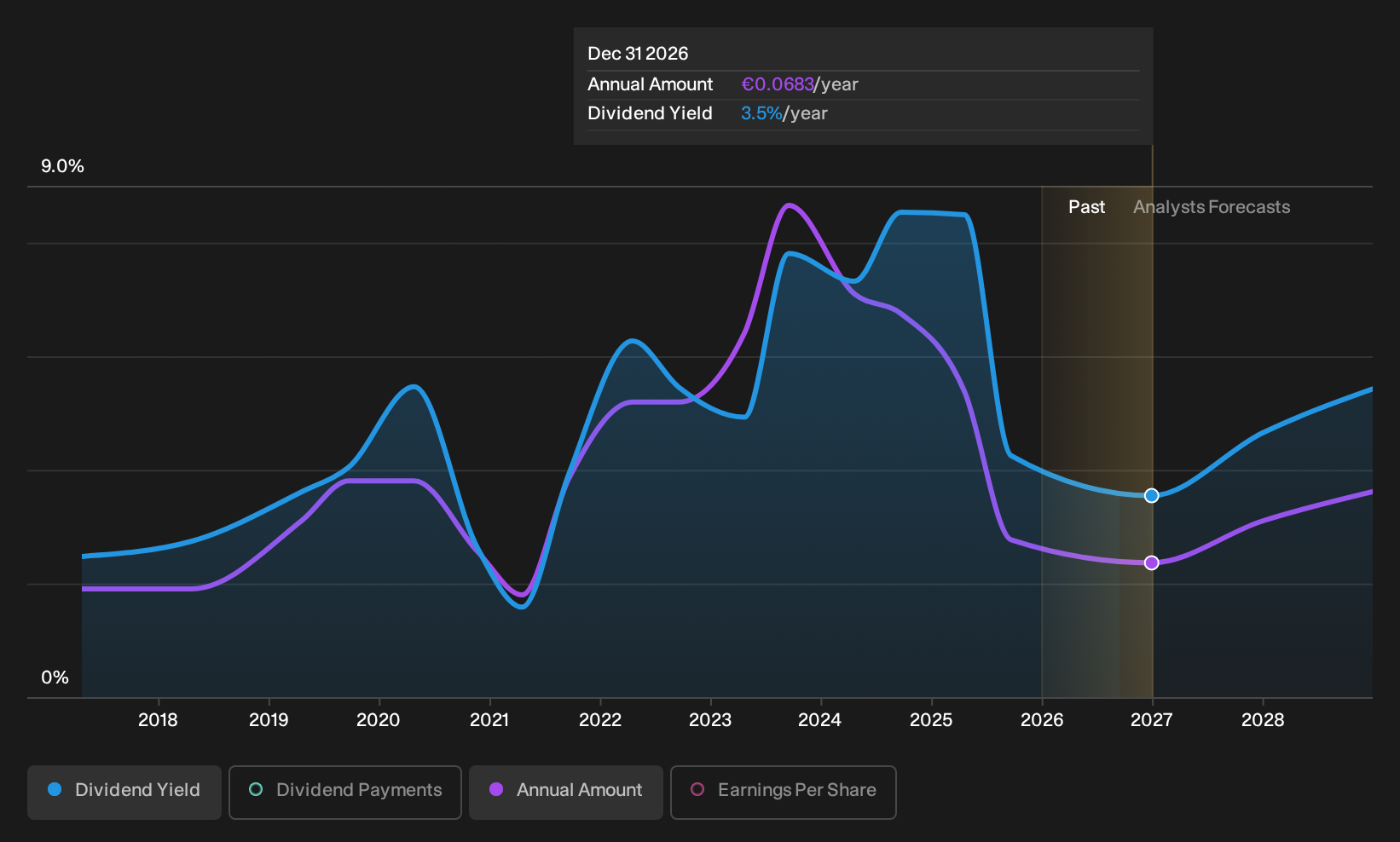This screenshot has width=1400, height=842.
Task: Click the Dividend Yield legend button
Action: [x=124, y=792]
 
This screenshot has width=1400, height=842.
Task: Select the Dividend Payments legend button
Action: [x=345, y=792]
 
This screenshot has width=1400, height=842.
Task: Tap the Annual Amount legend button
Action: [x=565, y=792]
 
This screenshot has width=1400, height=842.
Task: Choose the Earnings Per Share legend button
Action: [x=783, y=792]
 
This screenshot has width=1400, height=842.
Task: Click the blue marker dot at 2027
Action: [x=1151, y=495]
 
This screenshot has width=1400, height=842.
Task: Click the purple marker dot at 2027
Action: [x=1151, y=562]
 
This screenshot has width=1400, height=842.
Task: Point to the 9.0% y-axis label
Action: [x=62, y=166]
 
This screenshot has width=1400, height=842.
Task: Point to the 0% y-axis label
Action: [x=55, y=678]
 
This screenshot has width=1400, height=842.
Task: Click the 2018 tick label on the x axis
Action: [x=158, y=720]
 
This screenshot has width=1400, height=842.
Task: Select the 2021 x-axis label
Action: [x=489, y=720]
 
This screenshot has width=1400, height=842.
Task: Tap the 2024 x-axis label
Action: [x=820, y=720]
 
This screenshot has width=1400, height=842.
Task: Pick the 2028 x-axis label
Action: [x=1263, y=720]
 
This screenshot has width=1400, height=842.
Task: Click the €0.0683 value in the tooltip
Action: [x=778, y=84]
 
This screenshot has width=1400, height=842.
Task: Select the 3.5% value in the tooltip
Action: [x=761, y=113]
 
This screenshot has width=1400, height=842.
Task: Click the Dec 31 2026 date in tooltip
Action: [x=638, y=54]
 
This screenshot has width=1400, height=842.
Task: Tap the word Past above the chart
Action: [x=1087, y=207]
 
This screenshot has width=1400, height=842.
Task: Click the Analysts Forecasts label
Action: [x=1212, y=207]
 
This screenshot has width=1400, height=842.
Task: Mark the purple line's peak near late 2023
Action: [x=789, y=205]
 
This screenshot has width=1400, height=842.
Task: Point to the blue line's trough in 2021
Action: [x=522, y=606]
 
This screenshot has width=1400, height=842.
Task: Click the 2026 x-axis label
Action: [x=1042, y=720]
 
